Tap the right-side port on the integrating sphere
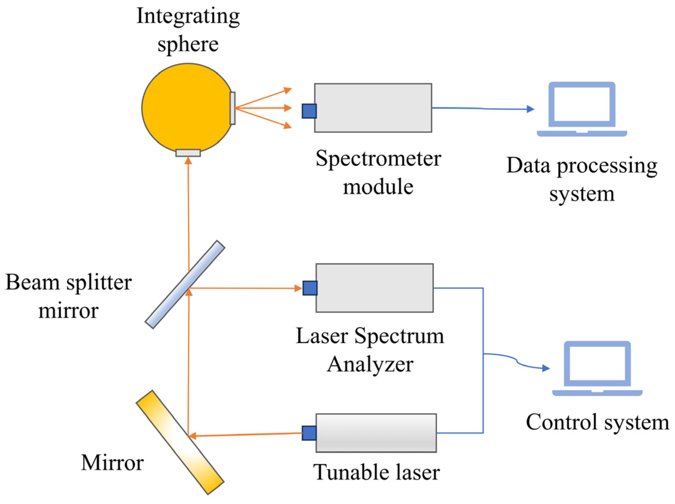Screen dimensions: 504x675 pyautogui.click(x=232, y=108)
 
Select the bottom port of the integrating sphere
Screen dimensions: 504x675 pyautogui.click(x=188, y=153)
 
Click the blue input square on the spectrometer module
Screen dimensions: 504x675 pyautogui.click(x=309, y=111)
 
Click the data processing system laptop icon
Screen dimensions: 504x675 pyautogui.click(x=581, y=109)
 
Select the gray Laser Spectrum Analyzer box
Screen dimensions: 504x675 pyautogui.click(x=375, y=288)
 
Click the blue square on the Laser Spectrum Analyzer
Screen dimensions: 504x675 pyautogui.click(x=310, y=288)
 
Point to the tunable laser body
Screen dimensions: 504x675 pyautogui.click(x=376, y=433)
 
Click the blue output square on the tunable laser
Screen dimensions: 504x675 pyautogui.click(x=309, y=433)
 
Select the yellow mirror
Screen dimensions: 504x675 pyautogui.click(x=180, y=442)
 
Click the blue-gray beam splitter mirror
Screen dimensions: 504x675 pyautogui.click(x=185, y=284)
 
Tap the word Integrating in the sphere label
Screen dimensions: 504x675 pyautogui.click(x=188, y=16)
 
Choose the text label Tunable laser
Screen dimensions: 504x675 pyautogui.click(x=376, y=472)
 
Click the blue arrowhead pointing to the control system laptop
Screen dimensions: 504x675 pyautogui.click(x=546, y=368)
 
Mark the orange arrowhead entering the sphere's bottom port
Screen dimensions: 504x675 pyautogui.click(x=188, y=161)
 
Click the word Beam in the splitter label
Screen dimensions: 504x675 pyautogui.click(x=32, y=282)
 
